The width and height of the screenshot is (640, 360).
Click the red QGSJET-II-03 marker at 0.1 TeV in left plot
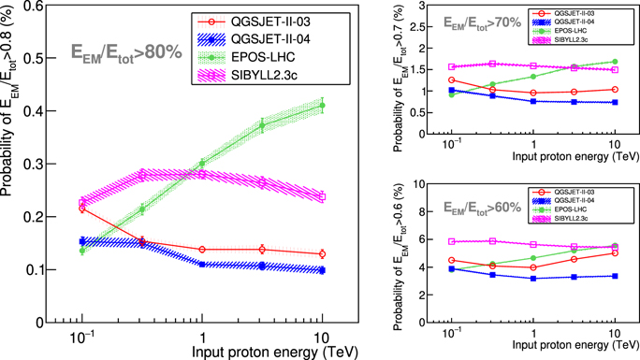(82, 209)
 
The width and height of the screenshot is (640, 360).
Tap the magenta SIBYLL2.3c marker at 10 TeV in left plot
(322, 196)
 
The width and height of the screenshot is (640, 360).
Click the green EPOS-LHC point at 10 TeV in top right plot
(614, 62)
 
